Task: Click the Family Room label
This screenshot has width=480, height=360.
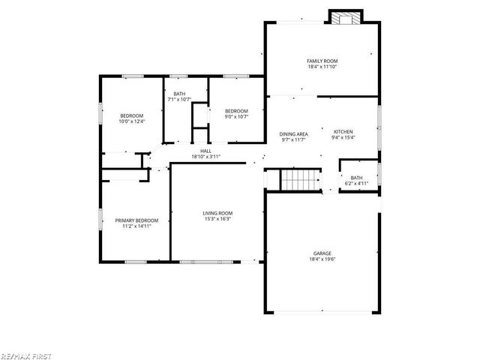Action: tap(322, 60)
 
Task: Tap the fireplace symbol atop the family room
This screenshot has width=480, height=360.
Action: tap(346, 18)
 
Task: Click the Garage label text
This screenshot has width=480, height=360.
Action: tap(322, 253)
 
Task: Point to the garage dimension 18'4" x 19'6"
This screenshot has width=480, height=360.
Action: tap(322, 259)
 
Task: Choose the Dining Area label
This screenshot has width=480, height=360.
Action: tap(294, 133)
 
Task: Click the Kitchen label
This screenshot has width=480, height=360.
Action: tap(343, 131)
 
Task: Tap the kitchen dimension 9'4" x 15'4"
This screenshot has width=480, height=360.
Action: tap(343, 137)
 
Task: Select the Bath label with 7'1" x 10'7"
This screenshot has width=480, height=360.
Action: tap(180, 93)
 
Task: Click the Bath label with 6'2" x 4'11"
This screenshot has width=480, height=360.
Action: tap(356, 178)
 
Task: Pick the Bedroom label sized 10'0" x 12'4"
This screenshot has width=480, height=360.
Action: tap(131, 115)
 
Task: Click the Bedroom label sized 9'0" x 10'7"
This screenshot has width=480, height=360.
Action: tap(236, 111)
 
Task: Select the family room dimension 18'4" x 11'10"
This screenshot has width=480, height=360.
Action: tap(322, 66)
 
